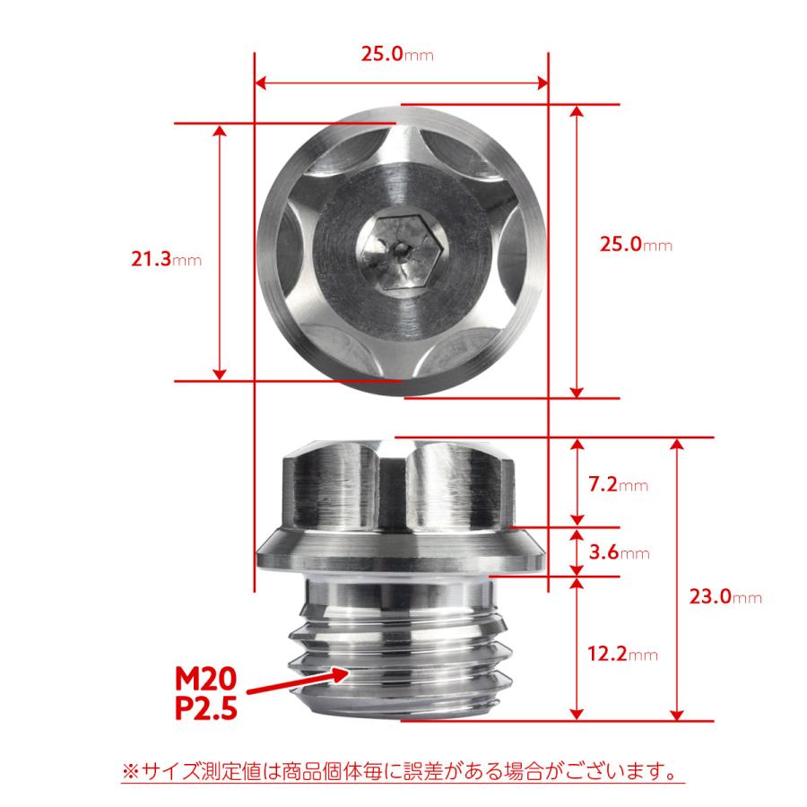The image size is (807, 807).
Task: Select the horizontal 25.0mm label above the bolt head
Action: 397,55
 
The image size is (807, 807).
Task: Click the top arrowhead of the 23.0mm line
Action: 679,444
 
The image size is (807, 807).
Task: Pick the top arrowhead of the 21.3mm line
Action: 220,130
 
